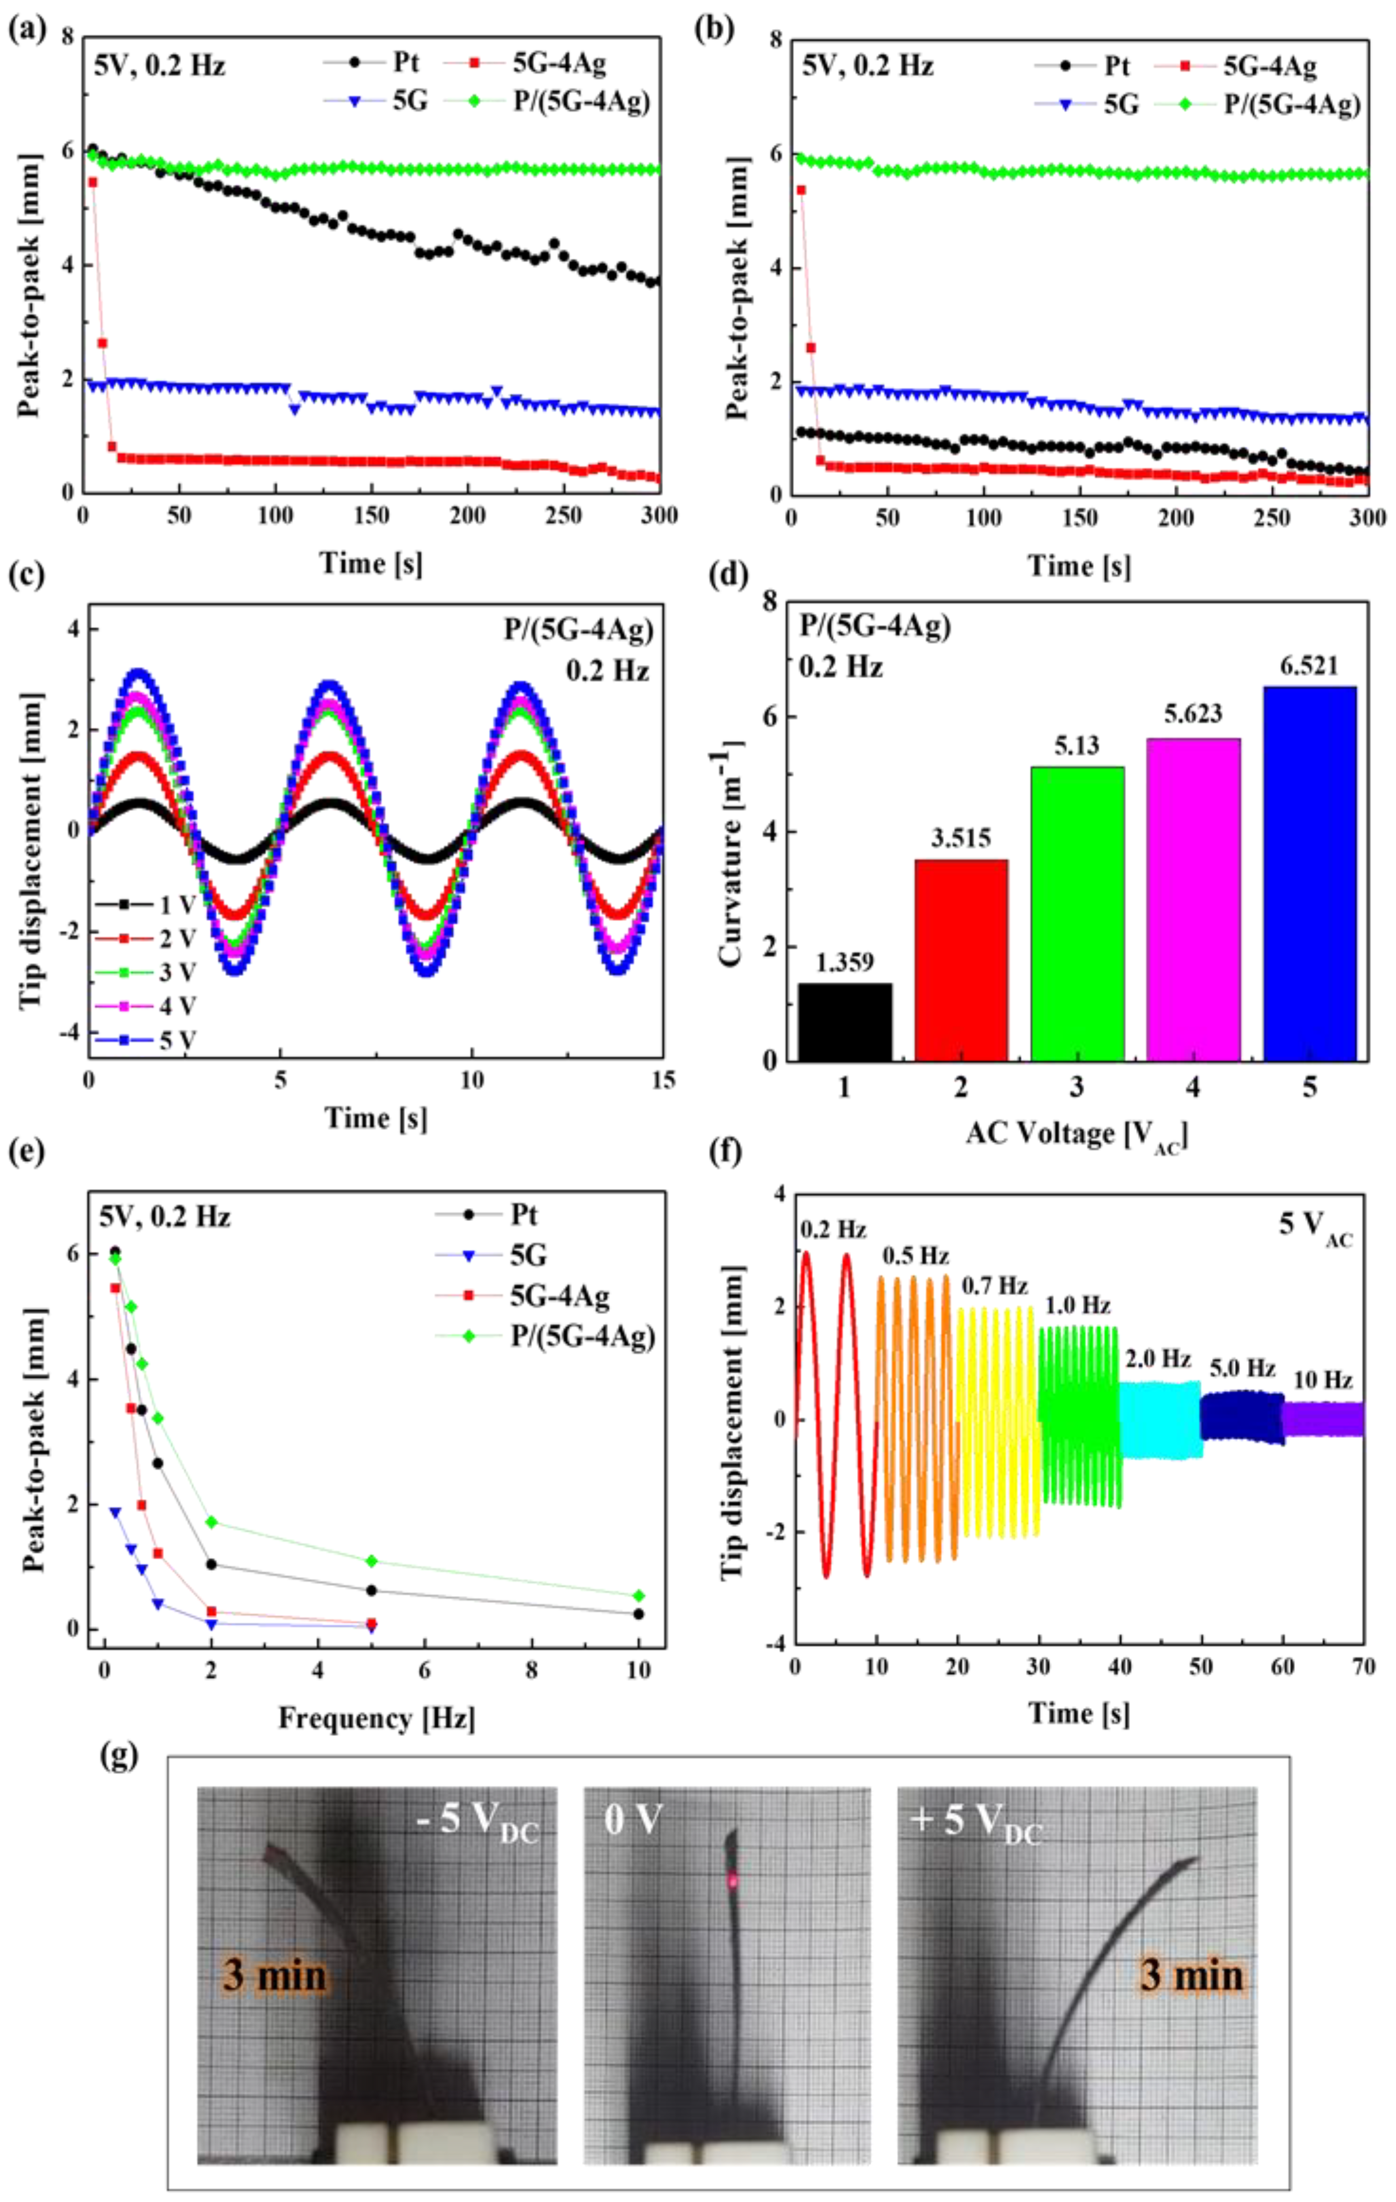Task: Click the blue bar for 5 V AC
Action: click(1309, 873)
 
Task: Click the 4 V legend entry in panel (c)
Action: click(146, 1006)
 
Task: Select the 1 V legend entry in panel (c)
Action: click(146, 905)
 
